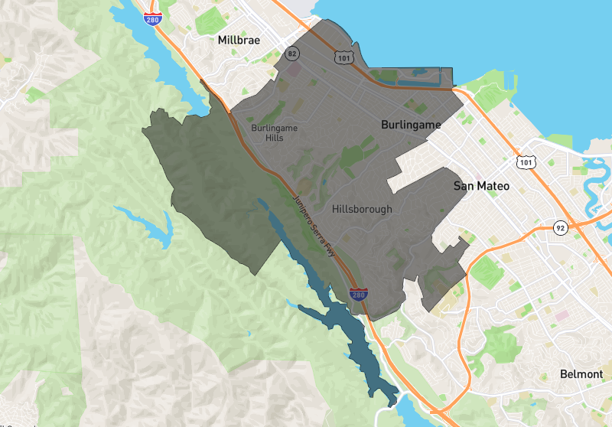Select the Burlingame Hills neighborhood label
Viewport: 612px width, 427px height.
point(274,132)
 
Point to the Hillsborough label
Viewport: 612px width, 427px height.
point(362,209)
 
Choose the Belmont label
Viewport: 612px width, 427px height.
point(581,374)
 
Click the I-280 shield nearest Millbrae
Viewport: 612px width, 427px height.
point(153,18)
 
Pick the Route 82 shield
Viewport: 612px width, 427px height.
point(291,54)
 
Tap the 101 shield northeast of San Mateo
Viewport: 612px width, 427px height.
point(524,161)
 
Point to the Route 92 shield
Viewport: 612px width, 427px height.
point(561,228)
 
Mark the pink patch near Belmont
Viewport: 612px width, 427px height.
point(562,315)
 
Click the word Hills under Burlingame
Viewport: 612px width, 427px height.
point(274,138)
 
